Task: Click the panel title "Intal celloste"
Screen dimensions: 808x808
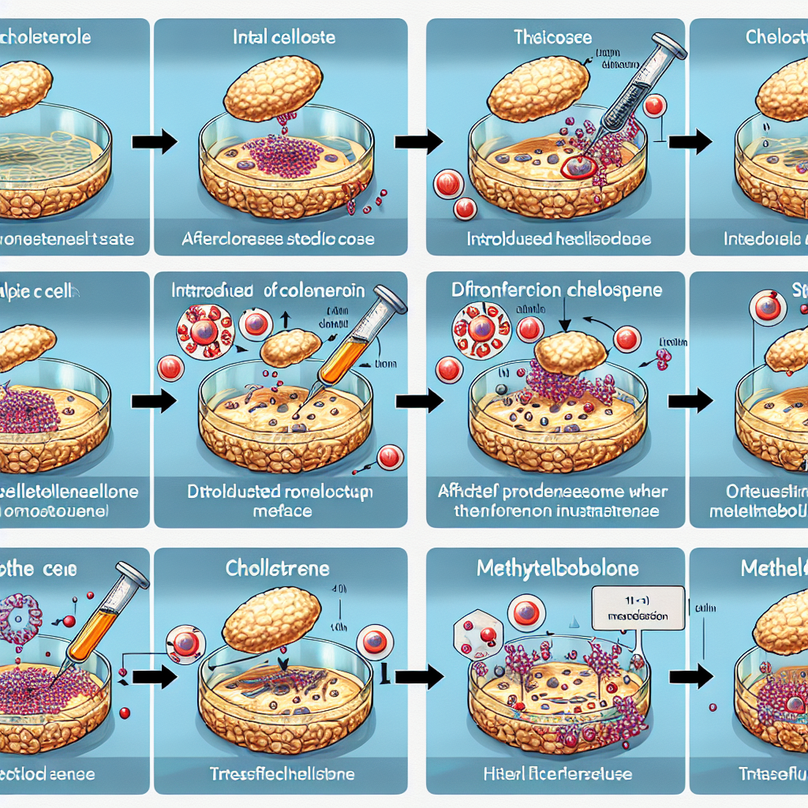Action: (x=284, y=37)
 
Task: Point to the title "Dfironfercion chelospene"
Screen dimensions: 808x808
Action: (x=557, y=290)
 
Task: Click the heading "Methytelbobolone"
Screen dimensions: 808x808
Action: (x=557, y=568)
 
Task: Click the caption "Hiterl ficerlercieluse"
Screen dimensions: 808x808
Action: (x=557, y=773)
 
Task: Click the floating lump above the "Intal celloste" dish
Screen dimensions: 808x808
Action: (x=272, y=87)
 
